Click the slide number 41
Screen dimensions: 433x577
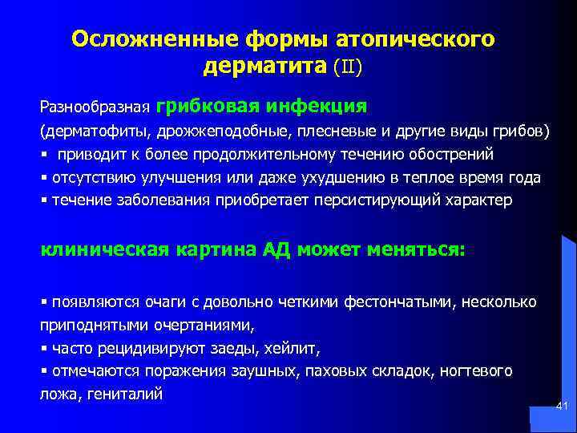[561, 408]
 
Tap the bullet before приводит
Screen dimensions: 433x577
[43, 154]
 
